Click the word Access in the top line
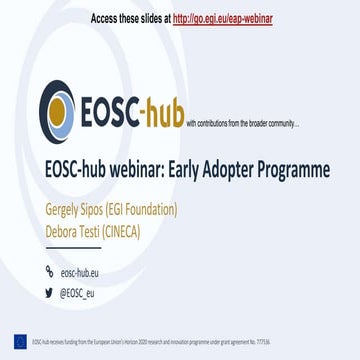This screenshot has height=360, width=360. [105, 18]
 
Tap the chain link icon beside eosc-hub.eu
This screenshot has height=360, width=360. [50, 271]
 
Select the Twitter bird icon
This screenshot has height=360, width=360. [50, 292]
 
